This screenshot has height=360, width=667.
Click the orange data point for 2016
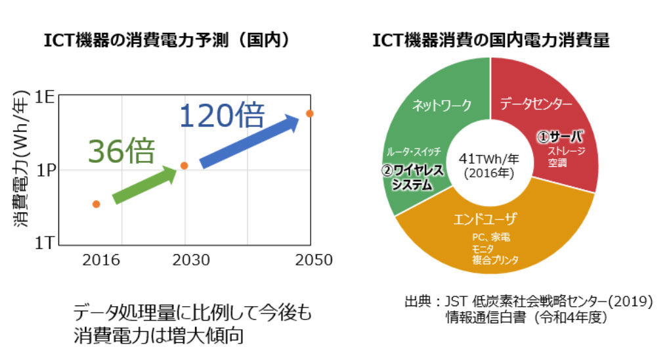96,204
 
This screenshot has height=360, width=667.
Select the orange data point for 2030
184,166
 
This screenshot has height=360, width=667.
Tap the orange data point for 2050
310,114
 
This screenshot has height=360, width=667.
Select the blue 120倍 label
222,116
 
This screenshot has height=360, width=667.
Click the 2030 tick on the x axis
191,260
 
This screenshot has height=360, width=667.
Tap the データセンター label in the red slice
536,104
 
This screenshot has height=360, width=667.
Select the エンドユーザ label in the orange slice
486,218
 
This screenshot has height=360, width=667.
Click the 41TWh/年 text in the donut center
489,159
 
